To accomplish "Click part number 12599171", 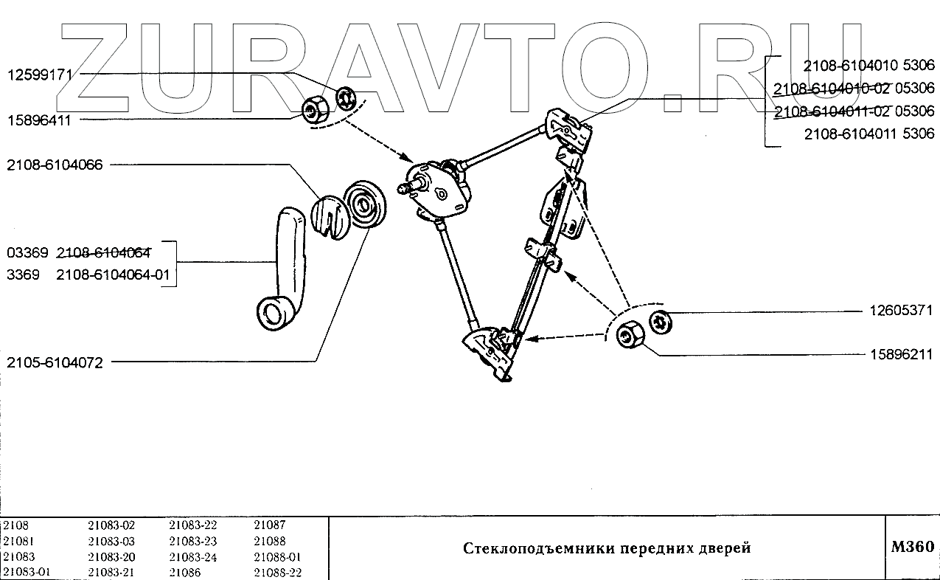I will pyautogui.click(x=39, y=75).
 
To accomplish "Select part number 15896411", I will pyautogui.click(x=39, y=120).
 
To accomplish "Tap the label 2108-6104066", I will pyautogui.click(x=55, y=165).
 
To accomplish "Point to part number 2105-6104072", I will pyautogui.click(x=55, y=362).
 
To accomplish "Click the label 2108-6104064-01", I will pyautogui.click(x=113, y=275).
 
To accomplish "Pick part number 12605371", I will pyautogui.click(x=899, y=311).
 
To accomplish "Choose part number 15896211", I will pyautogui.click(x=899, y=355).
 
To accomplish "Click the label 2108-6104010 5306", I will pyautogui.click(x=868, y=65).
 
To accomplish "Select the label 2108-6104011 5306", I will pyautogui.click(x=868, y=134).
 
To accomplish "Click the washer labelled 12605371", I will pyautogui.click(x=661, y=321).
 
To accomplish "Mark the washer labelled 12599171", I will pyautogui.click(x=346, y=98).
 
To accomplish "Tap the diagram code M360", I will pyautogui.click(x=912, y=548).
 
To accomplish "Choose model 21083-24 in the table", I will pyautogui.click(x=193, y=557).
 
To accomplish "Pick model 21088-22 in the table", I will pyautogui.click(x=277, y=573).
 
